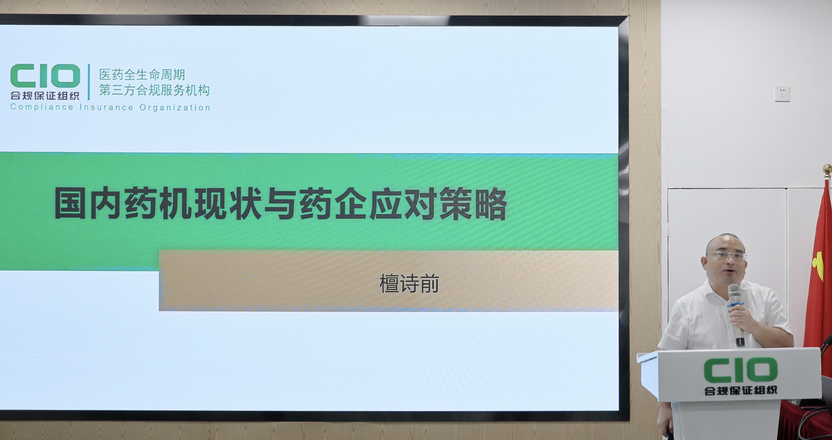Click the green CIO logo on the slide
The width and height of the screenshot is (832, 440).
point(45,76)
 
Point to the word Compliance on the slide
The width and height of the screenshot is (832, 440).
point(42,107)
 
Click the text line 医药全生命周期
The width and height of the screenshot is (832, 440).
point(142,75)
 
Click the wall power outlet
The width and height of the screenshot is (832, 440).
point(782,94)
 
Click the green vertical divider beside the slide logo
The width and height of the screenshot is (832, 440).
point(89,82)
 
